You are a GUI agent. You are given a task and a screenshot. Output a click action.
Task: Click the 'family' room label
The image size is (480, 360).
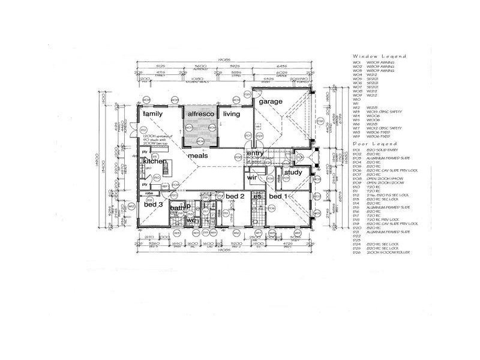(153, 113)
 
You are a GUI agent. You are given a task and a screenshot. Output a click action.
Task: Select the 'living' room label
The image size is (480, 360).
(231, 113)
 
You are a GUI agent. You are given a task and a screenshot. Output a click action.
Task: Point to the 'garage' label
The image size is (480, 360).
(271, 101)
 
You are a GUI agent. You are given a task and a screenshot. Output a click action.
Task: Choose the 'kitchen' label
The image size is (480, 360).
(154, 161)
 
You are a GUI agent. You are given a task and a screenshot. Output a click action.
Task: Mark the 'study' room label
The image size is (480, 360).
(293, 173)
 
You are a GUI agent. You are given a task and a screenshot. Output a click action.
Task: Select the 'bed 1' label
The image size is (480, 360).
(278, 196)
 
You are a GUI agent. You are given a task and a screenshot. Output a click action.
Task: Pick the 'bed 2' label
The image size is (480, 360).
(235, 196)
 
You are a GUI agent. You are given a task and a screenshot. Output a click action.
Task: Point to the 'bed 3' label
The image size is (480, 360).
(154, 205)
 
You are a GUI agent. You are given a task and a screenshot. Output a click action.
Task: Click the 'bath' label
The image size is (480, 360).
(176, 208)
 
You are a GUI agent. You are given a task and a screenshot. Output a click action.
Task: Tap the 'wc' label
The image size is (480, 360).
(191, 220)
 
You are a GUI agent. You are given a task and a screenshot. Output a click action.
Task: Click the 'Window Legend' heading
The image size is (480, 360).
(379, 56)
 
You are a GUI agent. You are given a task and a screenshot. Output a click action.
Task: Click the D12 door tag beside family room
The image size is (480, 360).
(143, 130)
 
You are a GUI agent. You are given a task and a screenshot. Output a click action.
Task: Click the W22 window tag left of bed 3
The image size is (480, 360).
(131, 206)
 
